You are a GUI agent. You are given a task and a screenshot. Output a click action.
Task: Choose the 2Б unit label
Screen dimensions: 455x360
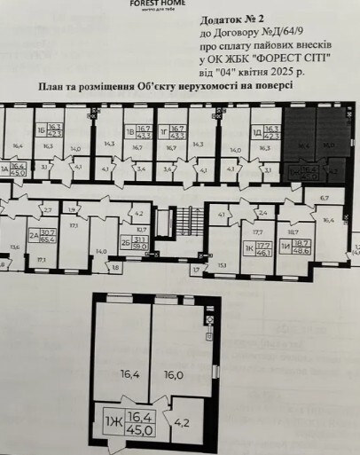click(x=126, y=241)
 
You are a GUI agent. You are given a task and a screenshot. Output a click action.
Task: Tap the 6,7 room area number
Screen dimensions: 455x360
click(x=324, y=197)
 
